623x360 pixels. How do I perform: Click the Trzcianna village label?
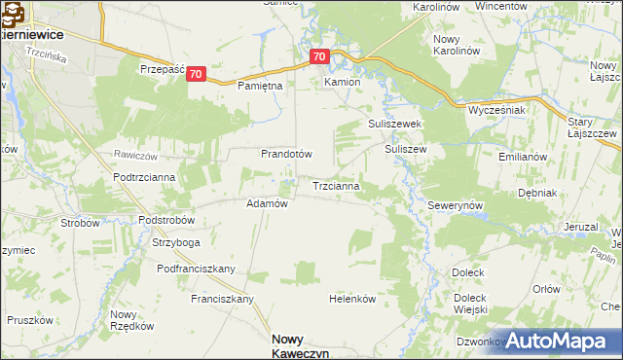[x=337, y=185]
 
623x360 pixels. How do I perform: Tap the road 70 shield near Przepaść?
[x=197, y=74]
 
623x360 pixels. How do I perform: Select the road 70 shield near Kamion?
[x=321, y=57]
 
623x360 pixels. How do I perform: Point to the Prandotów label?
[x=285, y=154]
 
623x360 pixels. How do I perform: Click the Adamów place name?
[x=267, y=203]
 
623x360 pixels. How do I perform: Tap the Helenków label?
[x=352, y=299]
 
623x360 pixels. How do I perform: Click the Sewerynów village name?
[x=456, y=207]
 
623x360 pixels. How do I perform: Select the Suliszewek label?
[x=393, y=125]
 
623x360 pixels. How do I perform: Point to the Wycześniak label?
[x=497, y=110]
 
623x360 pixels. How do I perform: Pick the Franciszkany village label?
[x=222, y=299]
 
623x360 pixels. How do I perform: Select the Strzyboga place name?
[x=176, y=242]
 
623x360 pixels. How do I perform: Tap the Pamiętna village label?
[x=260, y=86]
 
